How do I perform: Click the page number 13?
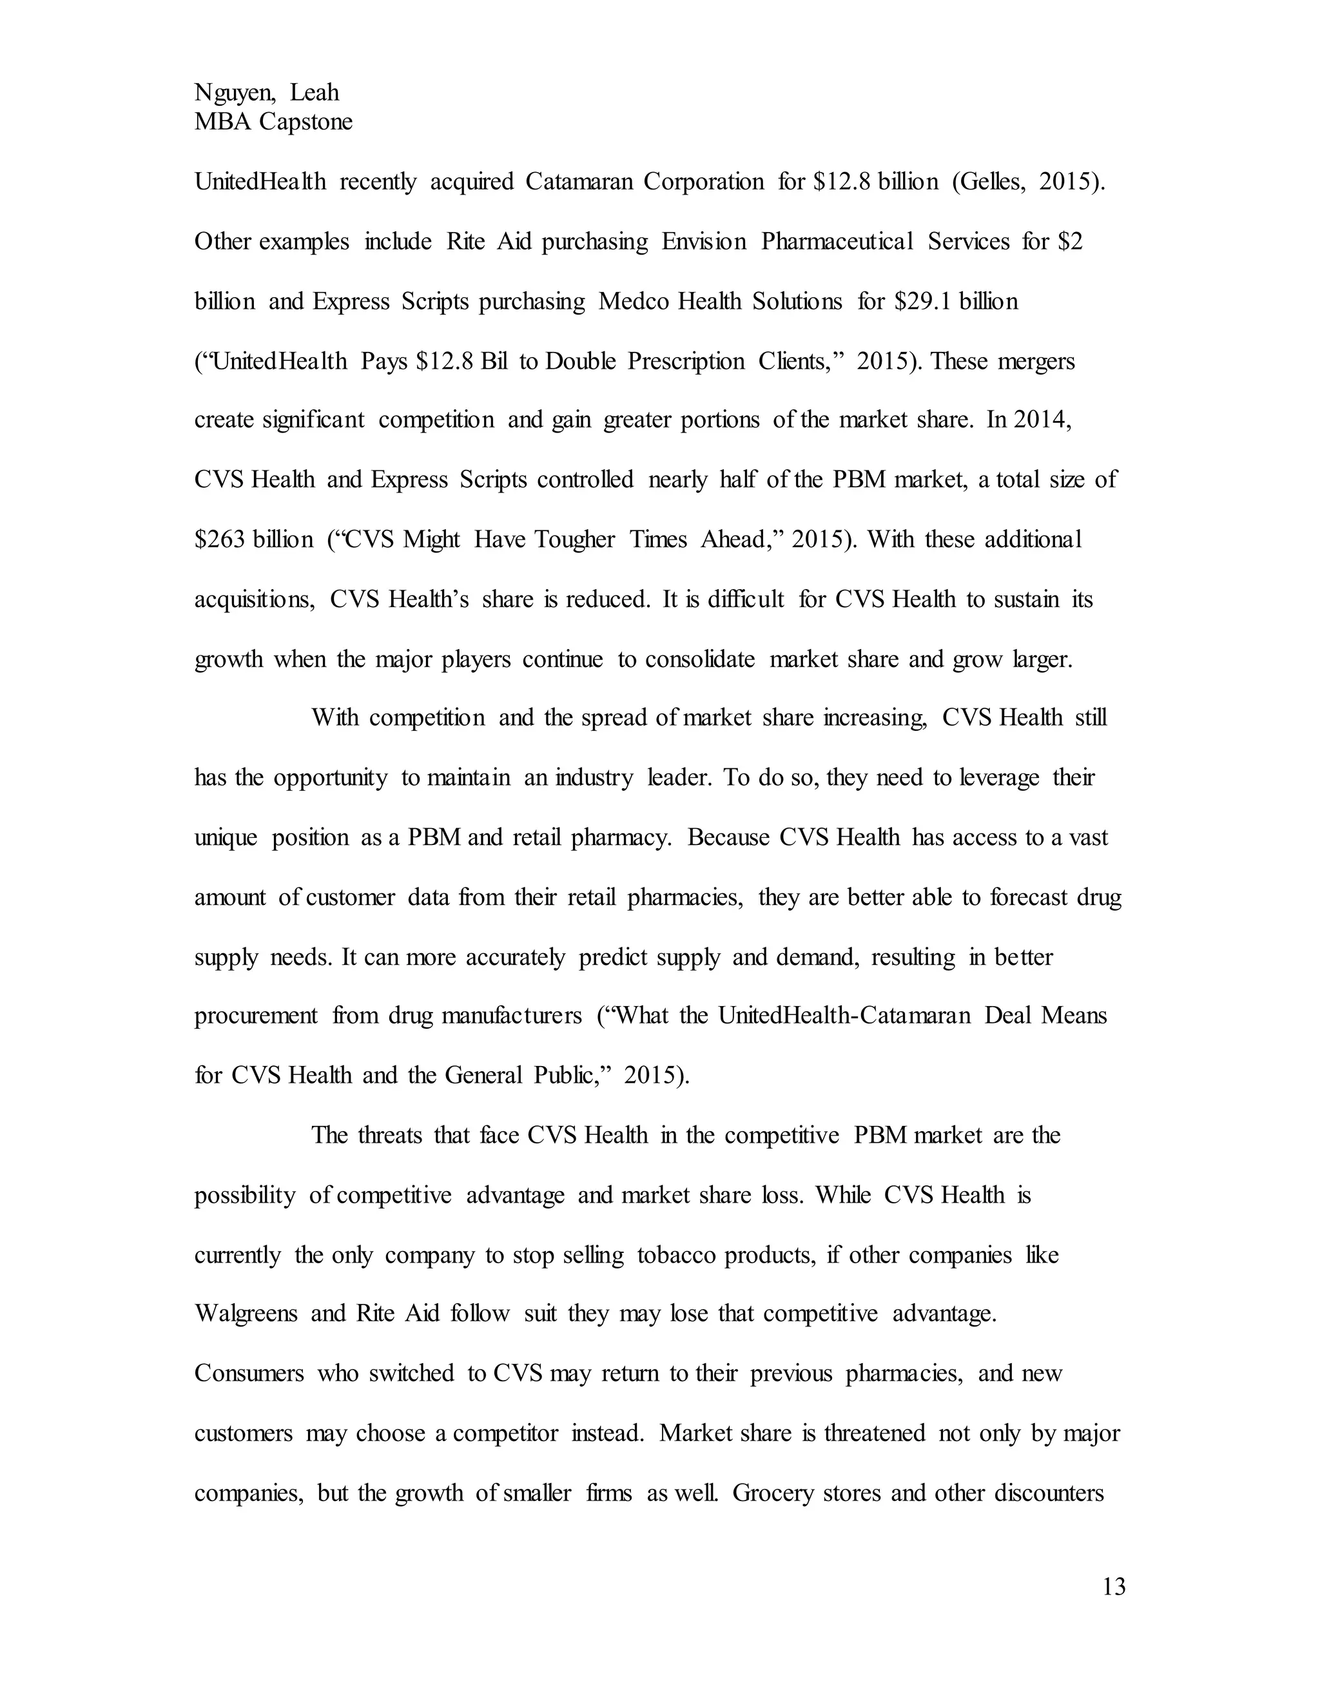click(x=1114, y=1587)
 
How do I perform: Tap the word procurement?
click(x=256, y=1016)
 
